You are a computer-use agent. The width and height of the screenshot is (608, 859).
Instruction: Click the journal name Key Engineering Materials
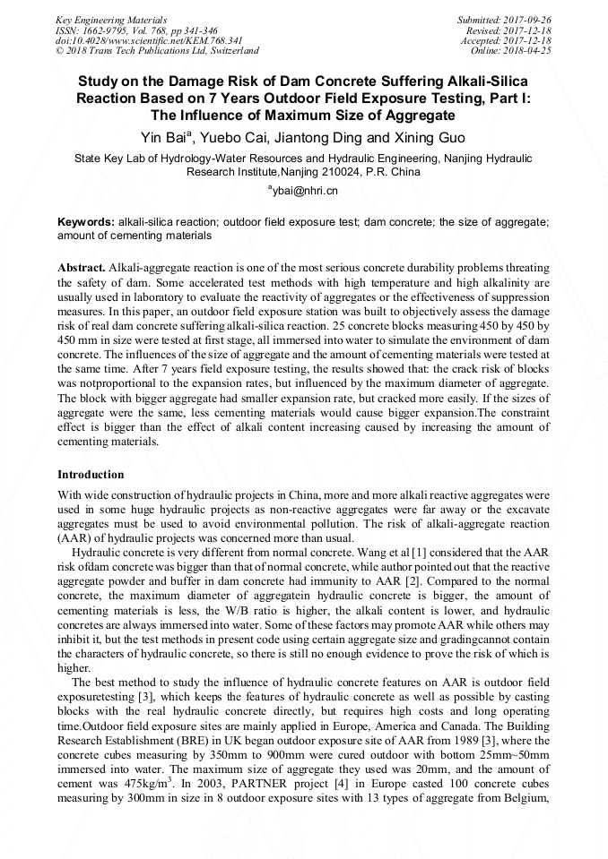coord(110,19)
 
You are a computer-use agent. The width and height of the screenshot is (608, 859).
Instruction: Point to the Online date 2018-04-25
coord(529,51)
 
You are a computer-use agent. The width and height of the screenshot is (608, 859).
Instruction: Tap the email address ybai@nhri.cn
coord(304,191)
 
